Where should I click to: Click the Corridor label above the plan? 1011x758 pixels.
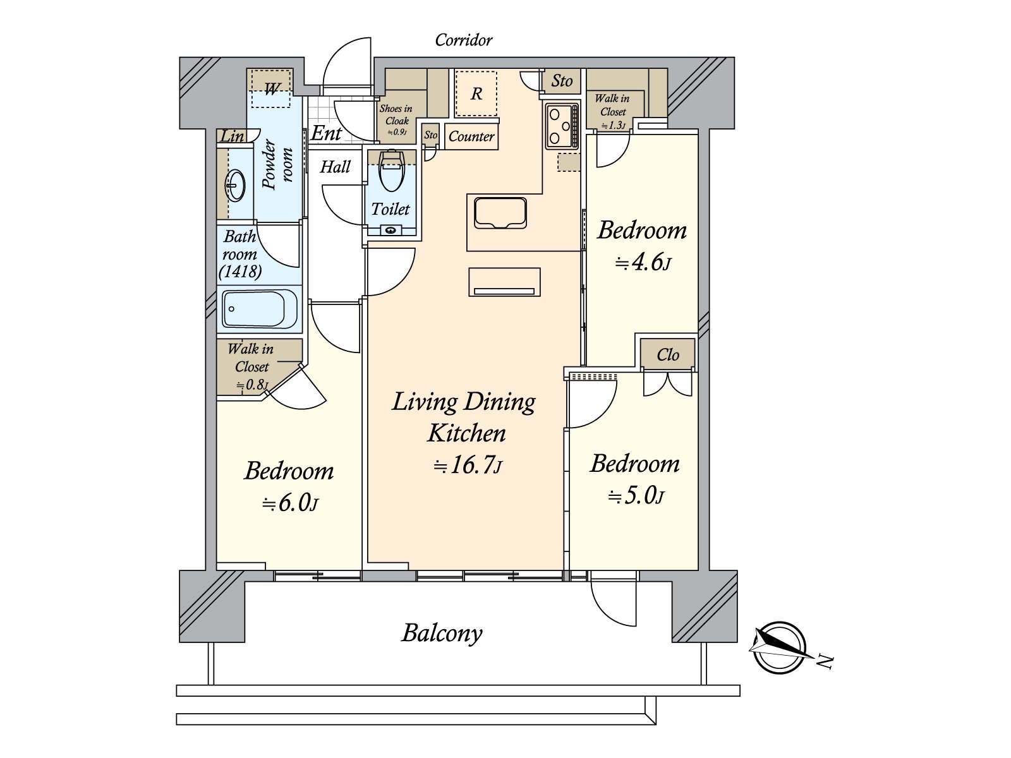[x=463, y=40]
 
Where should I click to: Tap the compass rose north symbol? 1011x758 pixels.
[x=780, y=649]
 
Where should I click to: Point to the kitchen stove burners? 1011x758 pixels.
[x=562, y=126]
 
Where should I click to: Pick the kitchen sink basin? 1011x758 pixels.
[x=500, y=213]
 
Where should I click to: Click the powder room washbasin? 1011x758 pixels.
[x=236, y=186]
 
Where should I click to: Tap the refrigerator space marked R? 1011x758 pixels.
[x=476, y=93]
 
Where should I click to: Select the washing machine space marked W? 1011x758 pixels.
[x=271, y=88]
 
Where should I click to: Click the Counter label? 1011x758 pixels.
[x=471, y=136]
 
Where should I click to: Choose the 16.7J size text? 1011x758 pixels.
[x=468, y=466]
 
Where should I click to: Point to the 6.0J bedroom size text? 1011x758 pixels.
[x=289, y=503]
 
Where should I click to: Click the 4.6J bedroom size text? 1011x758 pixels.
[x=643, y=263]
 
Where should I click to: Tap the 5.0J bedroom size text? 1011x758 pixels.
[x=636, y=496]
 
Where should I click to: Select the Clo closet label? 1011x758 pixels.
[x=668, y=355]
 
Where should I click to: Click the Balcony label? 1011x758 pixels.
[x=442, y=634]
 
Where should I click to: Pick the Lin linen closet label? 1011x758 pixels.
[x=232, y=136]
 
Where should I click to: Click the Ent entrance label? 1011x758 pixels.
[x=327, y=133]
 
